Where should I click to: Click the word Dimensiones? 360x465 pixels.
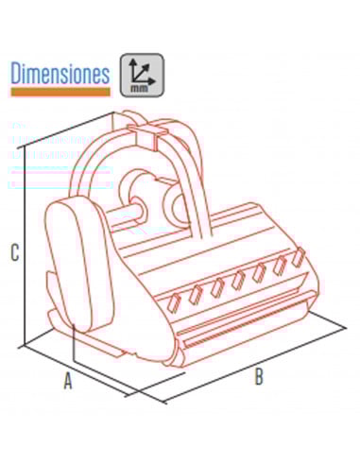coord(60,73)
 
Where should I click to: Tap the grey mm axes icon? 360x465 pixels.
coord(142,75)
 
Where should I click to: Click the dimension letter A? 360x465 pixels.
coord(68,381)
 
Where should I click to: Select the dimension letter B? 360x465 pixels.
coord(259,376)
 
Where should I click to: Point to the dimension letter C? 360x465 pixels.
coord(15,252)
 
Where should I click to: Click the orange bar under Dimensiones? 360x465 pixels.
coord(60,92)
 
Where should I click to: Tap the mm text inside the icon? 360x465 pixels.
coord(139,89)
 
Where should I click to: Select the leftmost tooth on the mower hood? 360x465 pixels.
coord(175,302)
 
